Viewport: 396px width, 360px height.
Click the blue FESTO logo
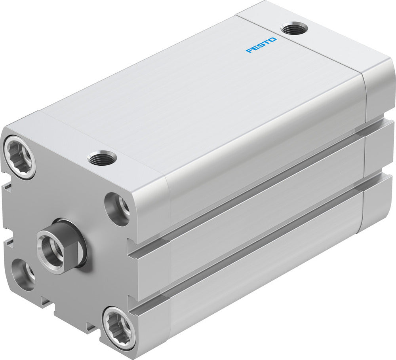tap(261, 45)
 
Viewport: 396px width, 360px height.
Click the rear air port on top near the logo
tap(294, 28)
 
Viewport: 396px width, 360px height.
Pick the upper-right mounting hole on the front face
tap(118, 208)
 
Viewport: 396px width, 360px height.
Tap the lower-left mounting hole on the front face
tap(23, 274)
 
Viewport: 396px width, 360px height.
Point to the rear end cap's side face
tap(379, 142)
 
